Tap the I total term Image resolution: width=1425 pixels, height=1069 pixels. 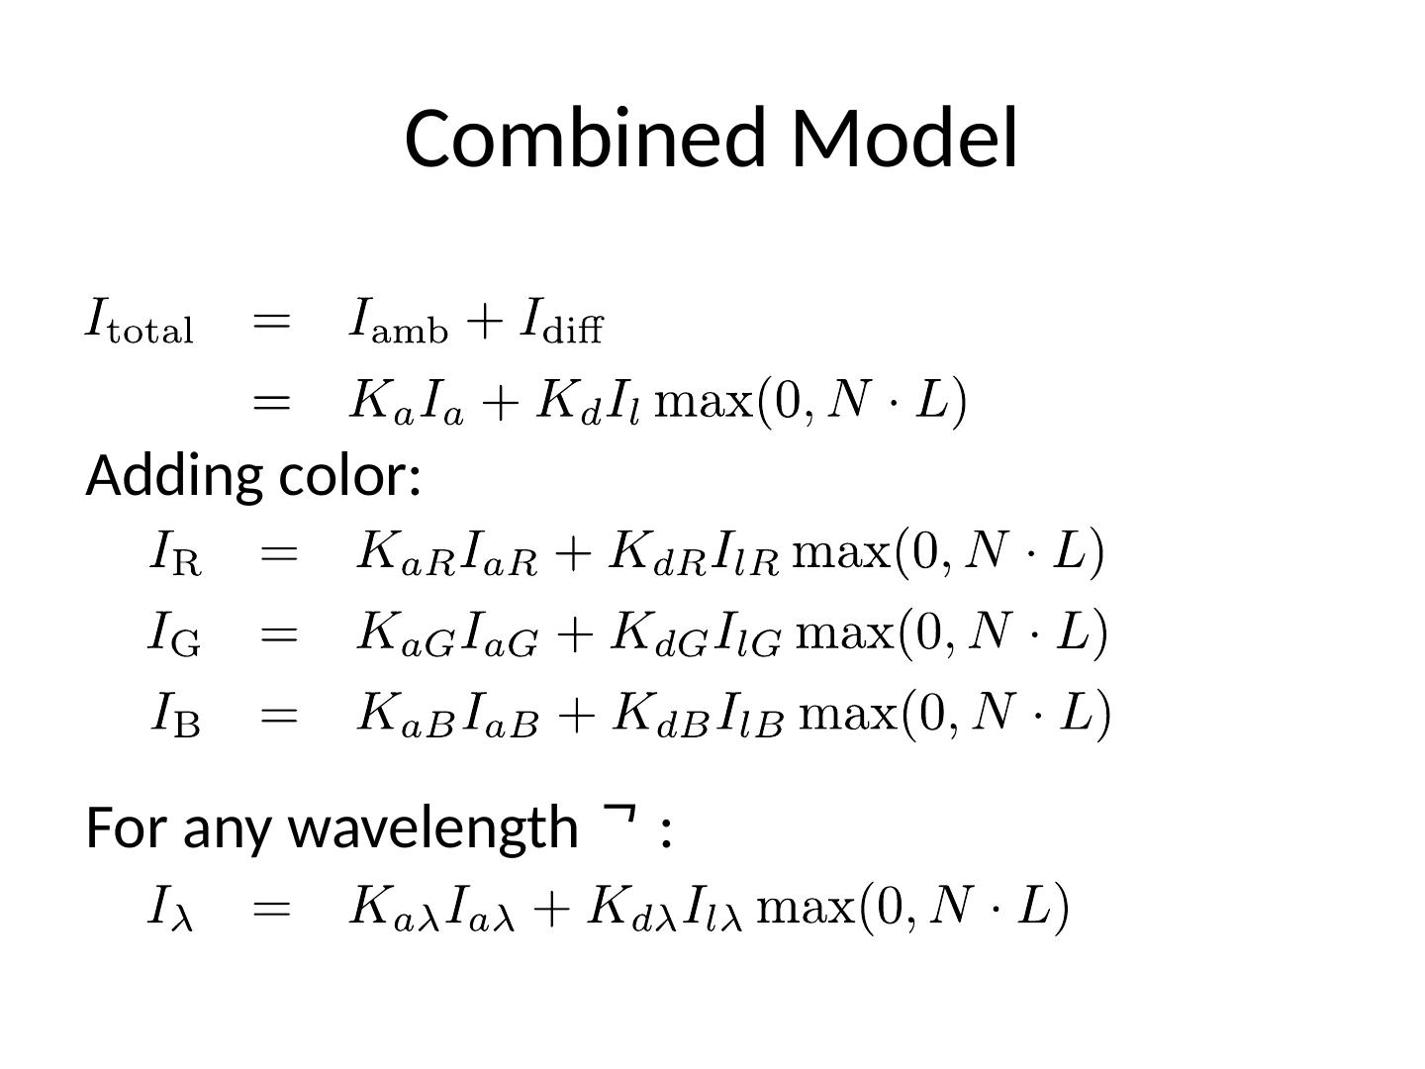(139, 322)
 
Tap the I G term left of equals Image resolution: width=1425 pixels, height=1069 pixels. (174, 633)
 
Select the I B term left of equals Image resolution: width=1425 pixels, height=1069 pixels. (175, 715)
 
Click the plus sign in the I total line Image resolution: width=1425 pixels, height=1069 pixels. (485, 323)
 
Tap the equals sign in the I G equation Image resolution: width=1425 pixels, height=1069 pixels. (278, 633)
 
